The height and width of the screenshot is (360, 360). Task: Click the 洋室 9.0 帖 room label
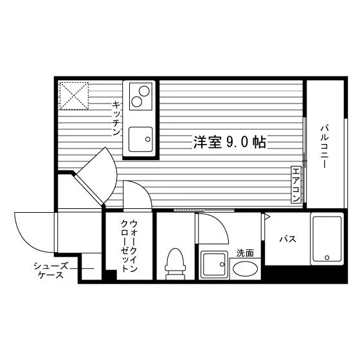pyautogui.click(x=230, y=142)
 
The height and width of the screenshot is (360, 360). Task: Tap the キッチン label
pyautogui.click(x=116, y=118)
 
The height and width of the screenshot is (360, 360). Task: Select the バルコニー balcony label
pyautogui.click(x=324, y=147)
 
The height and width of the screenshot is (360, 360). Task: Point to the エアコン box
pyautogui.click(x=296, y=184)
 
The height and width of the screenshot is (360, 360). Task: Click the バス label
pyautogui.click(x=288, y=239)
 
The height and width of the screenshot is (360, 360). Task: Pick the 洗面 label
pyautogui.click(x=245, y=253)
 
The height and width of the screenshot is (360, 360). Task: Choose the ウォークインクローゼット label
pyautogui.click(x=129, y=246)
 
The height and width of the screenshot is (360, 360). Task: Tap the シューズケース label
pyautogui.click(x=51, y=271)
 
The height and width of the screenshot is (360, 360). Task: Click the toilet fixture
pyautogui.click(x=175, y=264)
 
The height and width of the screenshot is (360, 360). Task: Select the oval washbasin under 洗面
pyautogui.click(x=245, y=269)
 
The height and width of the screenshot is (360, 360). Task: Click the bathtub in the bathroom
pyautogui.click(x=327, y=239)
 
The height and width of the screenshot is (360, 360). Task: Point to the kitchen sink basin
pyautogui.click(x=141, y=139)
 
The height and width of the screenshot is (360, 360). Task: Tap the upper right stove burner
pyautogui.click(x=144, y=91)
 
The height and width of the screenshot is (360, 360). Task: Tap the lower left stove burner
pyautogui.click(x=136, y=102)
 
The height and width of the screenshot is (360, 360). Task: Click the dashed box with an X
pyautogui.click(x=74, y=96)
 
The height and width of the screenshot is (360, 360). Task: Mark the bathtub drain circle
pyautogui.click(x=327, y=258)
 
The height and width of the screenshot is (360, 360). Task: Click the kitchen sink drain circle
pyautogui.click(x=148, y=139)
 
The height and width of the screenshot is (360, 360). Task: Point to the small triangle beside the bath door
pyautogui.click(x=267, y=216)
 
